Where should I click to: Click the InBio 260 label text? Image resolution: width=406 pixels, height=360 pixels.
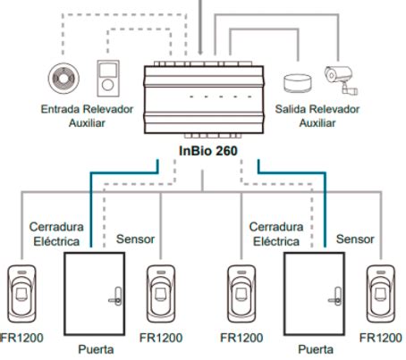pyautogui.click(x=208, y=151)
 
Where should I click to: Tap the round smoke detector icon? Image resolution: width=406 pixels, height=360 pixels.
pyautogui.click(x=63, y=79)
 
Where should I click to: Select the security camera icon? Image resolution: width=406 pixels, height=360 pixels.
pyautogui.click(x=341, y=80)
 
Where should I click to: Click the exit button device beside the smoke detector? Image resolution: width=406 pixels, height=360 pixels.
pyautogui.click(x=108, y=79)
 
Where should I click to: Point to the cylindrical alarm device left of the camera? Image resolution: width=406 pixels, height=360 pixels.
pyautogui.click(x=297, y=83)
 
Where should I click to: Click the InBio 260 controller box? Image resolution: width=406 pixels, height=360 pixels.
pyautogui.click(x=204, y=99)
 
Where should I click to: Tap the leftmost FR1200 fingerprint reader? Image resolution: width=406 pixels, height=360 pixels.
pyautogui.click(x=21, y=294)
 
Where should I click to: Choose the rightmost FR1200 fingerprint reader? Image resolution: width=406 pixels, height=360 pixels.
pyautogui.click(x=381, y=294)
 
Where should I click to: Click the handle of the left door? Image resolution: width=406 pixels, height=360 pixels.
pyautogui.click(x=115, y=297)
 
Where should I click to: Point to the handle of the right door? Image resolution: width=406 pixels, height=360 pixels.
pyautogui.click(x=335, y=297)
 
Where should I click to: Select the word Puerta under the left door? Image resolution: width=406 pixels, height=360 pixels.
pyautogui.click(x=96, y=349)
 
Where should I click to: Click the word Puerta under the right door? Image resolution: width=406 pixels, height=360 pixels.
pyautogui.click(x=316, y=349)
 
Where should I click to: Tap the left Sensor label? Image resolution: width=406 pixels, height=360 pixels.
pyautogui.click(x=135, y=239)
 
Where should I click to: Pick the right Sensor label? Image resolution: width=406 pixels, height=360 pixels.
pyautogui.click(x=355, y=239)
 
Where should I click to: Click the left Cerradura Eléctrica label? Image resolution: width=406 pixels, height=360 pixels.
pyautogui.click(x=56, y=234)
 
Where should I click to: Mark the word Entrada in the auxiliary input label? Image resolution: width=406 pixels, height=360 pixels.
pyautogui.click(x=60, y=109)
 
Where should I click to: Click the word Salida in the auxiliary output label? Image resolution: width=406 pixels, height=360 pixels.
pyautogui.click(x=291, y=109)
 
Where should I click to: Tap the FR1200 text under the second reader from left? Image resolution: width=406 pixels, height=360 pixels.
pyautogui.click(x=161, y=338)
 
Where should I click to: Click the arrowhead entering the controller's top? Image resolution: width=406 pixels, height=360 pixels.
pyautogui.click(x=200, y=52)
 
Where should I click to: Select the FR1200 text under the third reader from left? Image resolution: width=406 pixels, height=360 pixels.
pyautogui.click(x=241, y=338)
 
